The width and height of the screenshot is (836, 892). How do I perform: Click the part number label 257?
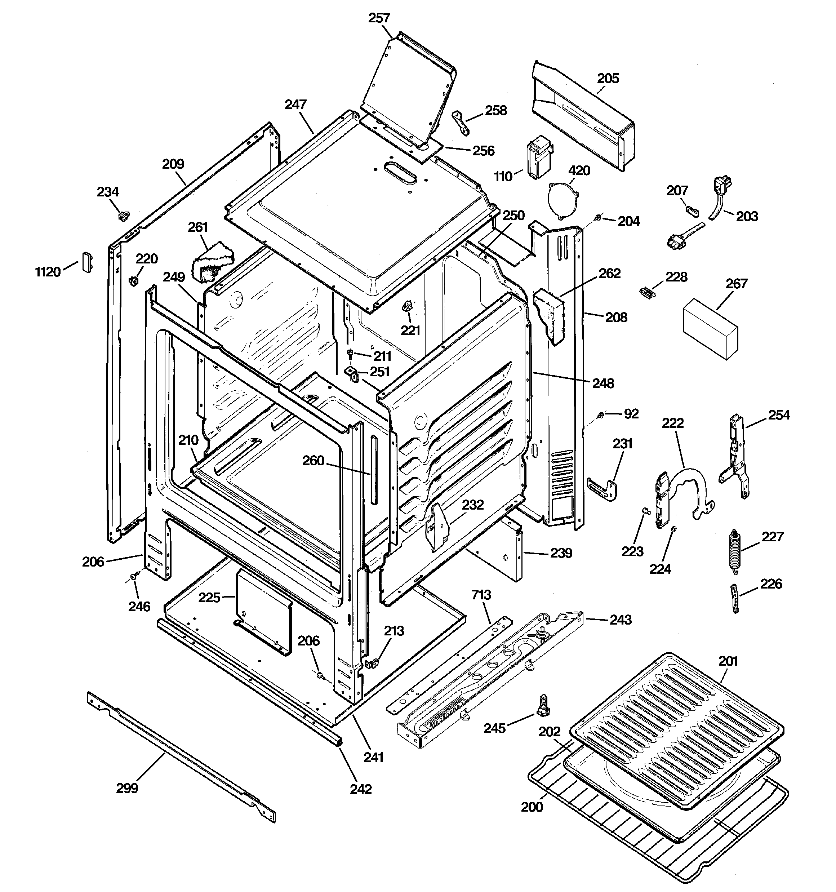(379, 18)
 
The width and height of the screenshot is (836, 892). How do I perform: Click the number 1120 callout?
(48, 272)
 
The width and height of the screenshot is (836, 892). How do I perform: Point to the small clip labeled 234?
(123, 216)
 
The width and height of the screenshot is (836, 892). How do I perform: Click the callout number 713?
(481, 595)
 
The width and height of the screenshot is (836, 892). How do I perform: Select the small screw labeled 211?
(351, 355)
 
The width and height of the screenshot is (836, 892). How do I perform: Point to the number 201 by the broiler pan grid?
(728, 661)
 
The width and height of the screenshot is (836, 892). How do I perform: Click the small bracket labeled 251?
(351, 374)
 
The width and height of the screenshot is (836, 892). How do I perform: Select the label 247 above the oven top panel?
(295, 105)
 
